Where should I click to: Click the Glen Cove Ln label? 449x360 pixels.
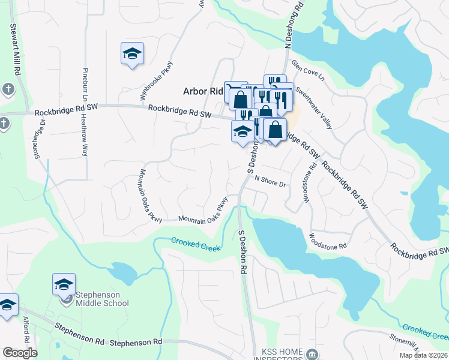[307, 70]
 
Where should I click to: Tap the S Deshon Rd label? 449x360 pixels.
[243, 252]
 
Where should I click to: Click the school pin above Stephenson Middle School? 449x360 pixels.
[64, 284]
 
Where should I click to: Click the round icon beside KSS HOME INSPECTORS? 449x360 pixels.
[310, 353]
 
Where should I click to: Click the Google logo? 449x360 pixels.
[20, 353]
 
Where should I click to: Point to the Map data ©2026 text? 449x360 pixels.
[423, 355]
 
